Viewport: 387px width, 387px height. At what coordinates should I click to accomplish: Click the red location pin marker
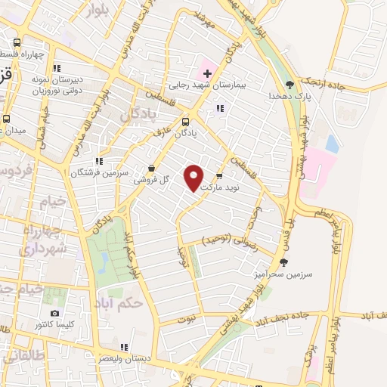pyautogui.click(x=194, y=178)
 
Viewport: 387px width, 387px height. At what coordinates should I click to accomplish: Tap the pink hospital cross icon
pyautogui.click(x=206, y=73)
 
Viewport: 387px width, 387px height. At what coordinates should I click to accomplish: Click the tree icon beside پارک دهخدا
pyautogui.click(x=289, y=85)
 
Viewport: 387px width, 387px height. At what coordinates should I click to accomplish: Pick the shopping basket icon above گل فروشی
pyautogui.click(x=152, y=169)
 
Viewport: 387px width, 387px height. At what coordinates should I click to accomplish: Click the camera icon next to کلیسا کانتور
pyautogui.click(x=54, y=314)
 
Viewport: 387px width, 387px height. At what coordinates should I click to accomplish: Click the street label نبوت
pyautogui.click(x=187, y=320)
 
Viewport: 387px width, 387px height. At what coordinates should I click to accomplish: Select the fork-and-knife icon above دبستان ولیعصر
pyautogui.click(x=124, y=347)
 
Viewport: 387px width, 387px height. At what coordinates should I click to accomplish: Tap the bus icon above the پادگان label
pyautogui.click(x=186, y=121)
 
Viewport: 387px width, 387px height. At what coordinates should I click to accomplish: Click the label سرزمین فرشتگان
pyautogui.click(x=96, y=172)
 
